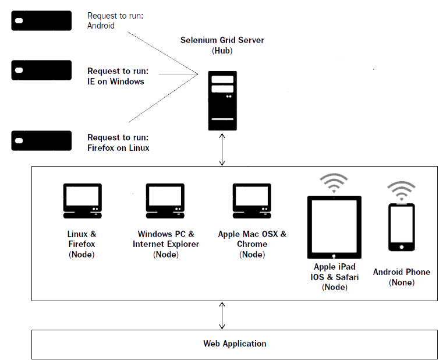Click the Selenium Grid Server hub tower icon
pyautogui.click(x=222, y=101)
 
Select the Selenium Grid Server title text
pyautogui.click(x=222, y=40)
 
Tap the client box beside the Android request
pyautogui.click(x=41, y=20)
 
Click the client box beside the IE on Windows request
pyautogui.click(x=41, y=70)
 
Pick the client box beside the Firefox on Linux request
pyautogui.click(x=41, y=140)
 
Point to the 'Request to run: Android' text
pyautogui.click(x=115, y=20)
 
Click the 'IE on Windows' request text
pyautogui.click(x=115, y=82)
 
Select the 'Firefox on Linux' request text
pyautogui.click(x=118, y=148)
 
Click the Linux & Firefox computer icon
pyautogui.click(x=82, y=201)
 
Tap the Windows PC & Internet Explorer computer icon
pyautogui.click(x=165, y=201)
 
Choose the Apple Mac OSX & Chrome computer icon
pyautogui.click(x=252, y=201)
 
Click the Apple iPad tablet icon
pyautogui.click(x=334, y=228)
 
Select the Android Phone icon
pyautogui.click(x=402, y=227)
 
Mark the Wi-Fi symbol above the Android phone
pyautogui.click(x=402, y=190)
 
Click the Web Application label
pyautogui.click(x=235, y=344)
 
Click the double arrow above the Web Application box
pyautogui.click(x=222, y=315)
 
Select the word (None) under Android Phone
pyautogui.click(x=402, y=283)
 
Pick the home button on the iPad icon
pyautogui.click(x=334, y=256)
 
